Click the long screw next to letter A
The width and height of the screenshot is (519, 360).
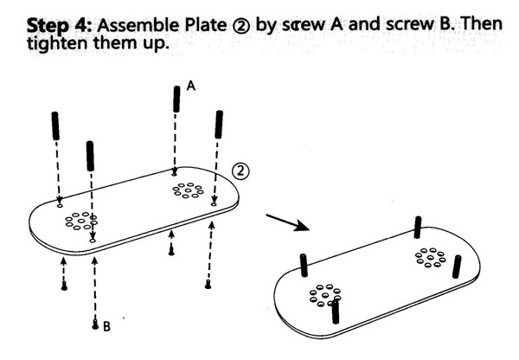tap(176, 100)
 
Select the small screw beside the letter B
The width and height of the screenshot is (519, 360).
tap(95, 325)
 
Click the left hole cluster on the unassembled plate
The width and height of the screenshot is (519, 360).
tap(81, 222)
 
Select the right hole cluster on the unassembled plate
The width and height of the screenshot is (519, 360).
tap(187, 190)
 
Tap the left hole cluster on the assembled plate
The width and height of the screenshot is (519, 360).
tap(323, 296)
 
